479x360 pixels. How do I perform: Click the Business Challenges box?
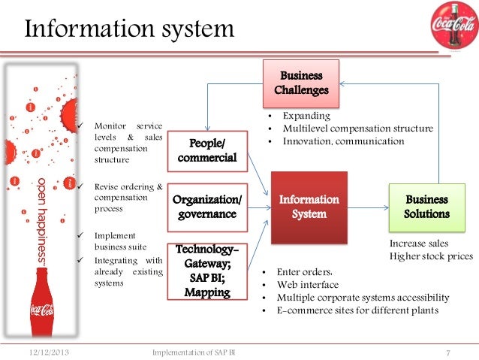301,83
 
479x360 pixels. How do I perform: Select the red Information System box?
309,207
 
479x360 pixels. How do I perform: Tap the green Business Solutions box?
427,207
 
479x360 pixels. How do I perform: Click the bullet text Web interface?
308,285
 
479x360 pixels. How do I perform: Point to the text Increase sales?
419,244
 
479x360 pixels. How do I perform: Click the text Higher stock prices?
431,256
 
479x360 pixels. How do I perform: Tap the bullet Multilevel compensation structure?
357,129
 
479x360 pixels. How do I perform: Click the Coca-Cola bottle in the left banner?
41,308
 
